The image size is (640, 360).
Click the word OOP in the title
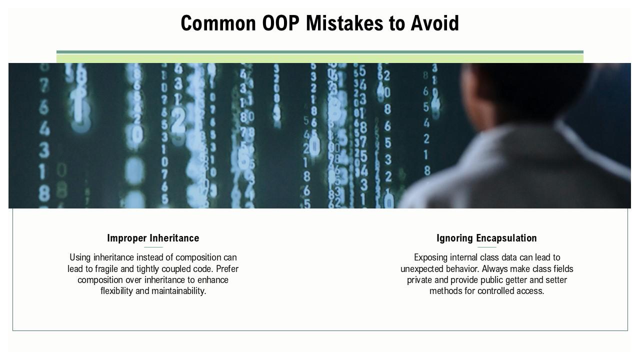coord(280,23)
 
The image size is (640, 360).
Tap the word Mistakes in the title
coord(344,23)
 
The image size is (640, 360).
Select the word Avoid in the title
coord(435,23)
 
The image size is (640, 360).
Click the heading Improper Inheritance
coord(153,238)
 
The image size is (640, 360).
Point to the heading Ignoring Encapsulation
coord(486,238)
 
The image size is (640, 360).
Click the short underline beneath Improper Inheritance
coord(153,247)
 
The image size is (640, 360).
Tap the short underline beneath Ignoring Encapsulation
coord(487,247)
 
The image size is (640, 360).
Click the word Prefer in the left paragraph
coord(227,269)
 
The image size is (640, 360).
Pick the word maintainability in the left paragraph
coord(178,291)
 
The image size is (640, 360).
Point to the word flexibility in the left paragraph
coord(116,291)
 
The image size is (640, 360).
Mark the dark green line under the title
coord(320,52)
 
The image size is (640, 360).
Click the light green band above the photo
coord(320,58)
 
